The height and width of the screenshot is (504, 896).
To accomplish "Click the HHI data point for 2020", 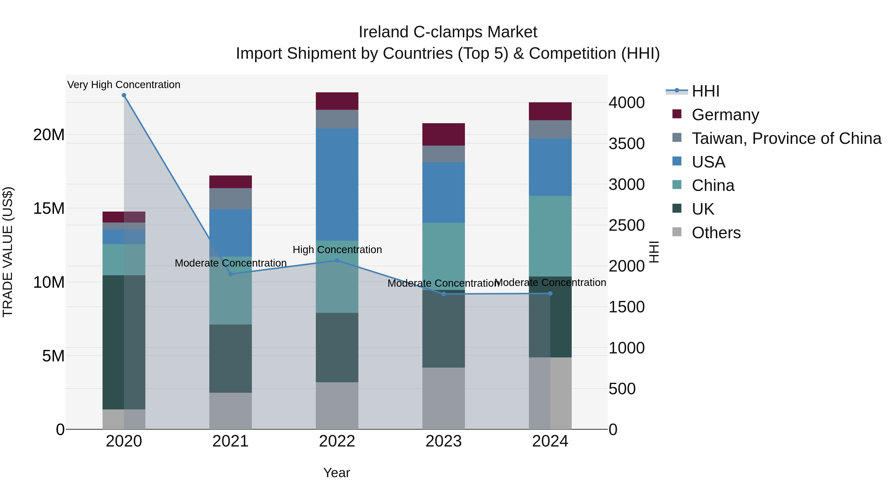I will pyautogui.click(x=124, y=95).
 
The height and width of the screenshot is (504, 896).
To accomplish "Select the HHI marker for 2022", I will pyautogui.click(x=337, y=260).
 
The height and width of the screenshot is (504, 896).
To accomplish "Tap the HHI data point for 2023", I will pyautogui.click(x=444, y=294).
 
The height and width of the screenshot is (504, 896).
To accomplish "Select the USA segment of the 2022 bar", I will pyautogui.click(x=337, y=184).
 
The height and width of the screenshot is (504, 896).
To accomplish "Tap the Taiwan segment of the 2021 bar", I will pyautogui.click(x=230, y=199).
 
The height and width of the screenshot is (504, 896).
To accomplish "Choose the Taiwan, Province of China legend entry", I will pyautogui.click(x=786, y=138).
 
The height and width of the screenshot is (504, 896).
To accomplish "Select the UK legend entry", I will pyautogui.click(x=703, y=209).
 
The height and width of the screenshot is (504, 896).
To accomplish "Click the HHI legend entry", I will pyautogui.click(x=705, y=91).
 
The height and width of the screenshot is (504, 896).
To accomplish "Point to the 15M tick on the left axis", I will pyautogui.click(x=49, y=208).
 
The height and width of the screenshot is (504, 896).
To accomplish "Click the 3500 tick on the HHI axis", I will pyautogui.click(x=626, y=144).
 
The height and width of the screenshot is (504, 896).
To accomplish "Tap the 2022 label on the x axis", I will pyautogui.click(x=337, y=441).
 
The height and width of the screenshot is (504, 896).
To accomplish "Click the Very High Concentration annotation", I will pyautogui.click(x=124, y=85).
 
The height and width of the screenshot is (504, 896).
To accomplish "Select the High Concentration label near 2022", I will pyautogui.click(x=337, y=249).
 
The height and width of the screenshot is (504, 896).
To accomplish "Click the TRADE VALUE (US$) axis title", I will pyautogui.click(x=8, y=252).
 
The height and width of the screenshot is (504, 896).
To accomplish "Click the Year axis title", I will pyautogui.click(x=336, y=473).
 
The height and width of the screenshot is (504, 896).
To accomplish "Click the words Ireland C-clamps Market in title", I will pyautogui.click(x=448, y=32).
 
